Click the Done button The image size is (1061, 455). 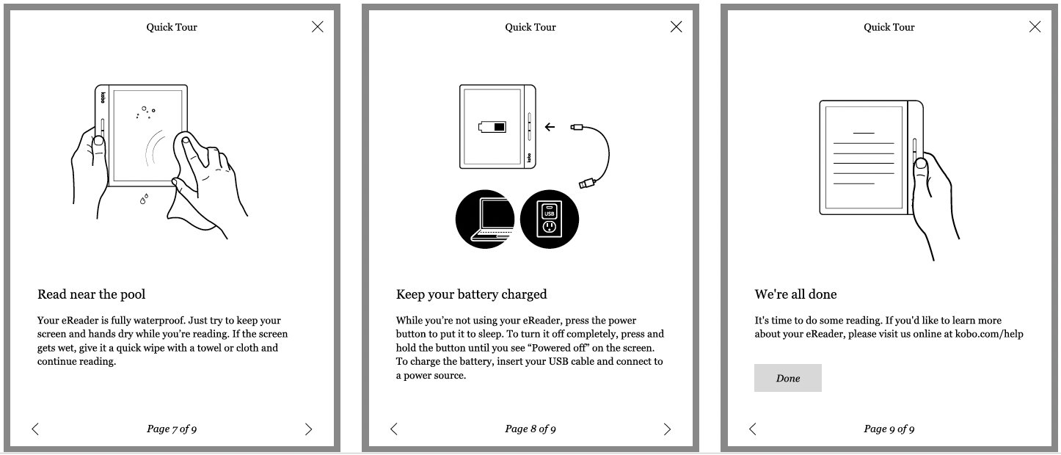point(788,378)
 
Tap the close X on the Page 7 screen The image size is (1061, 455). point(318,26)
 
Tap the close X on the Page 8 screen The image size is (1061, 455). point(676,26)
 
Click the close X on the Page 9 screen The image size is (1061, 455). point(1035,26)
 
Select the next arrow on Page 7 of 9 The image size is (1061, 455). point(308,429)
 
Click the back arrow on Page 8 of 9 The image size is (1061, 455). point(393,429)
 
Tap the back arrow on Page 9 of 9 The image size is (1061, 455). point(752,429)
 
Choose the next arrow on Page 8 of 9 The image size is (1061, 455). point(667,429)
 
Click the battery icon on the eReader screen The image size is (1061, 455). point(492,127)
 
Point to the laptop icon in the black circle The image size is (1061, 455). point(485,219)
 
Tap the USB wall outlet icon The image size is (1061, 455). point(550,219)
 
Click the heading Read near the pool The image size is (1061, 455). point(92,294)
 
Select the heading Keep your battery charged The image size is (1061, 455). point(471,294)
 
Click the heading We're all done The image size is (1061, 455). point(795,294)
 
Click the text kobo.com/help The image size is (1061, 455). point(989,334)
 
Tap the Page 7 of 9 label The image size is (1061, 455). point(172,429)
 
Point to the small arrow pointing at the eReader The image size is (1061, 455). point(550,127)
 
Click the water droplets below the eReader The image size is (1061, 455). point(144,199)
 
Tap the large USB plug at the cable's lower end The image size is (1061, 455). point(587,183)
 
